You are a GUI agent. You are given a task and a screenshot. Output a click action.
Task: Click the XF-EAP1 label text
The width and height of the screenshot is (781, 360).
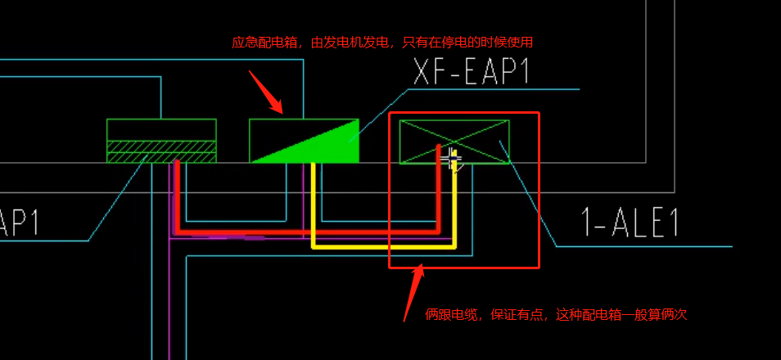(472, 71)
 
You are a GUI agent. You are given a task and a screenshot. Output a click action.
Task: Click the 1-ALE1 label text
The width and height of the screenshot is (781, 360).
(630, 222)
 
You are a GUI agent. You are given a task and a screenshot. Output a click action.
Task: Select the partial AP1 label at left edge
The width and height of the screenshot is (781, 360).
(19, 222)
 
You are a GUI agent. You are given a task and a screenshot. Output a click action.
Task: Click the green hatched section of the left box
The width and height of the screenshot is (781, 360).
(161, 151)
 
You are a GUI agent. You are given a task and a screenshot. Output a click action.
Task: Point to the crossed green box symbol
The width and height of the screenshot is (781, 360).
(454, 142)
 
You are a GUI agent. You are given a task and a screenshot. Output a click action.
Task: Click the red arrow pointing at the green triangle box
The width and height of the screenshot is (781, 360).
(265, 92)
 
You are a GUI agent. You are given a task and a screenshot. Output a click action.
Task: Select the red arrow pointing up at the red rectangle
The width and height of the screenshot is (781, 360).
(413, 293)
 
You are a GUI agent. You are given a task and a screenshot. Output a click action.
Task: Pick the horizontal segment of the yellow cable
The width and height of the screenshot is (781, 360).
(383, 246)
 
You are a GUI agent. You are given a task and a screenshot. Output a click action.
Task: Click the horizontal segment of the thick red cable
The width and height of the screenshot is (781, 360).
(307, 232)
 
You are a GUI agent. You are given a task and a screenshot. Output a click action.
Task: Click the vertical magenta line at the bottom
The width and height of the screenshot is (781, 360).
(169, 299)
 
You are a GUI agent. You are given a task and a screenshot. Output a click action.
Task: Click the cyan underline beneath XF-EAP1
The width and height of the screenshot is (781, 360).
(494, 89)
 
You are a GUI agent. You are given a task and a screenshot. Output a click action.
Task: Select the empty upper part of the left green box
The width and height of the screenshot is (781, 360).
(161, 130)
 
